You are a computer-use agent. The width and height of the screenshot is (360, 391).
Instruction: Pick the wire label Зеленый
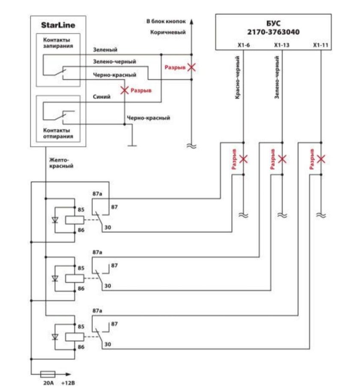tap(105, 50)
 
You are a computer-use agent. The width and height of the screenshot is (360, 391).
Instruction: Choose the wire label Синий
tap(102, 97)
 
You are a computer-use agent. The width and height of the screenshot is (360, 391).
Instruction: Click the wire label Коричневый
tap(168, 32)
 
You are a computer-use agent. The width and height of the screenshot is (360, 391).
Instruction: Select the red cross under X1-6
tap(243, 159)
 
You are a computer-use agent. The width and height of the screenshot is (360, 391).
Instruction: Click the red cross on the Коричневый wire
tap(192, 67)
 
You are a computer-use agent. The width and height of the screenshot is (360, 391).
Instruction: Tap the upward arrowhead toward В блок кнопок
tap(192, 21)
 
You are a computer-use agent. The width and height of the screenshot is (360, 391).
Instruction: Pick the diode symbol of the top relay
tap(54, 220)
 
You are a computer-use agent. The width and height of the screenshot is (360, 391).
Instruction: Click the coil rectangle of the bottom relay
tap(74, 337)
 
